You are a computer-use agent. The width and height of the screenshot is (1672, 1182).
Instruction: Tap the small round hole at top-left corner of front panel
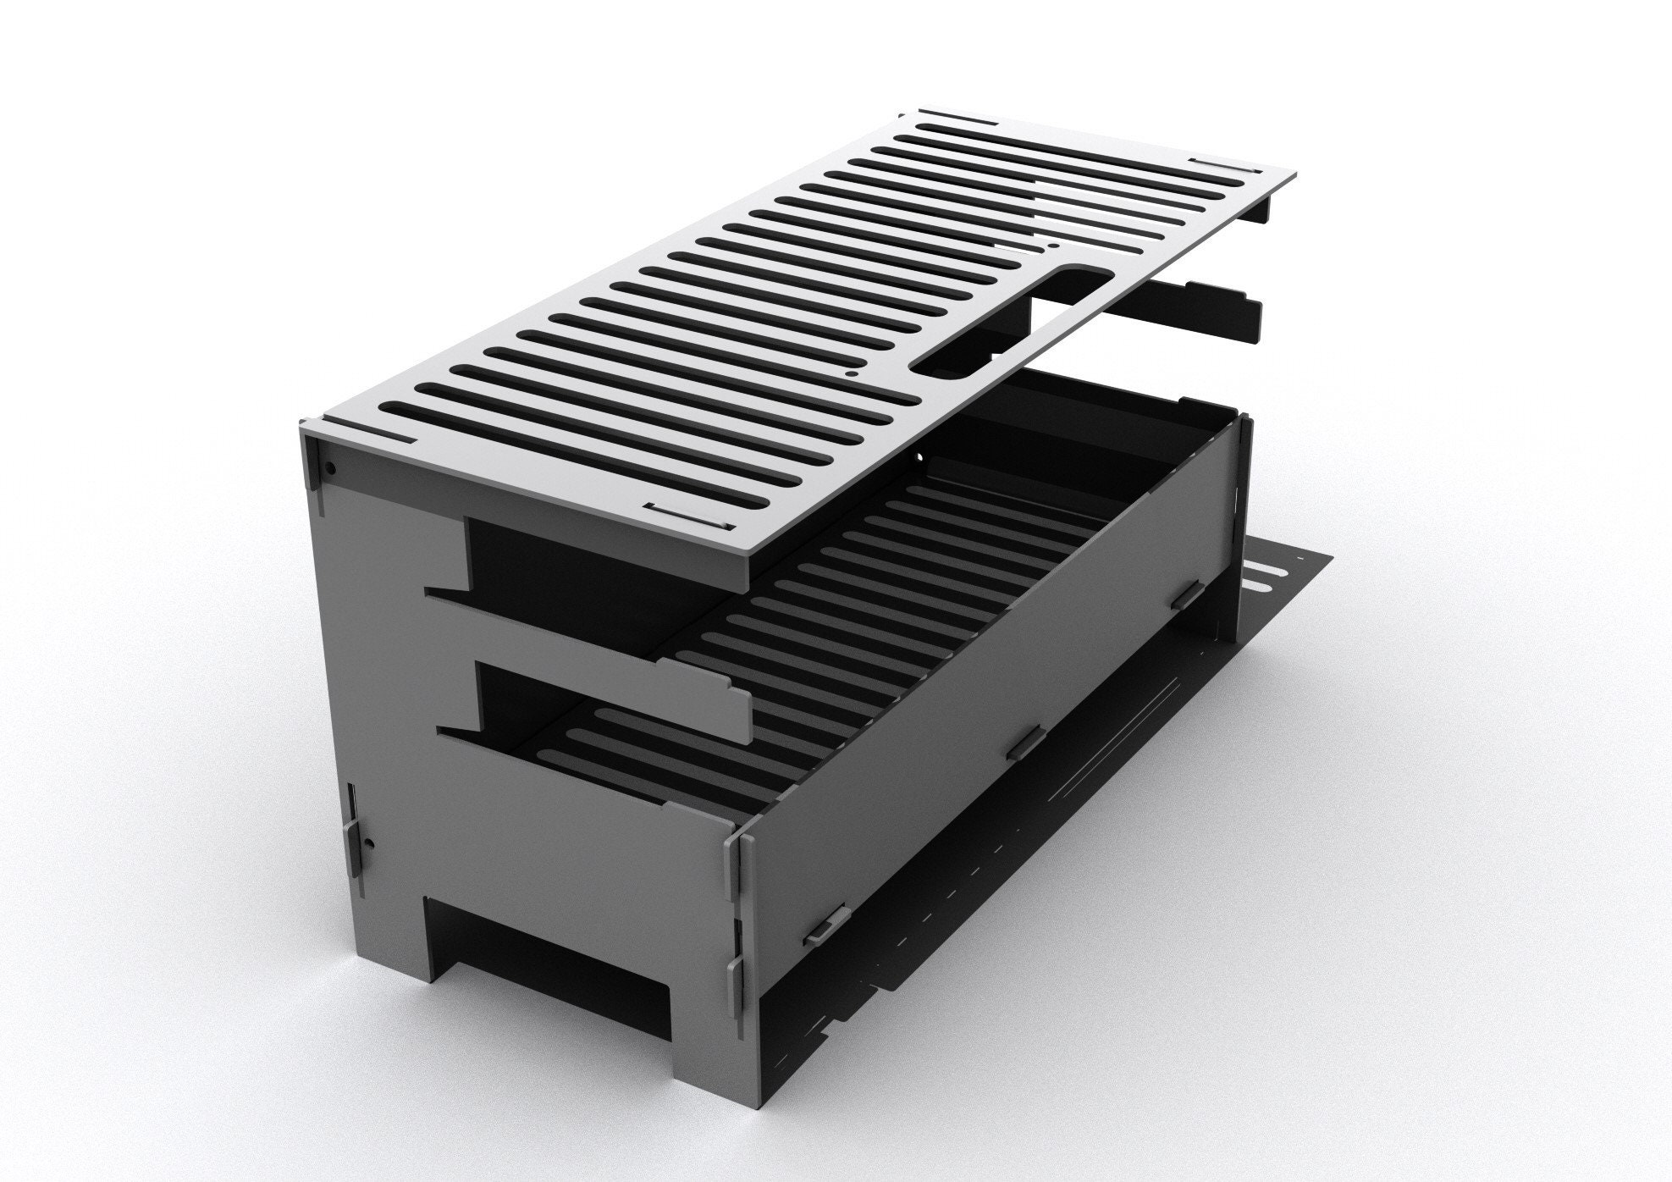332,467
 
